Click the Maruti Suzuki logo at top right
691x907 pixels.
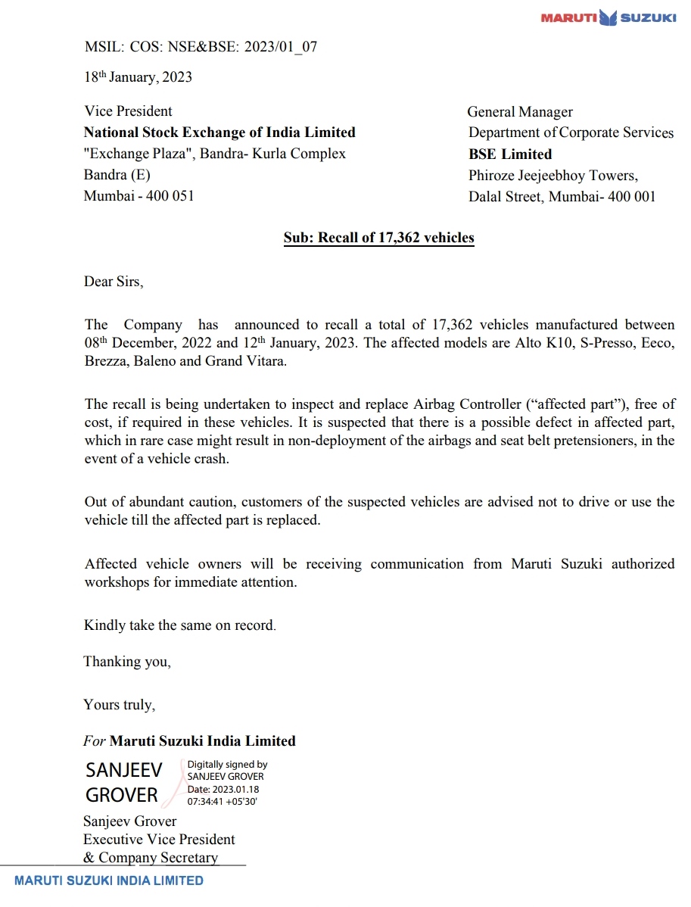(608, 17)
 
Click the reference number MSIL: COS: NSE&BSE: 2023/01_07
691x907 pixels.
(201, 47)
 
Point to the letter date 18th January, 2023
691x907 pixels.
(138, 77)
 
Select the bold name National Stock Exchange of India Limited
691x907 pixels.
(219, 132)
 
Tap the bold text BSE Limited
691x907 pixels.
(510, 154)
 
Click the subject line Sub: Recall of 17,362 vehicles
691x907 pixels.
(378, 238)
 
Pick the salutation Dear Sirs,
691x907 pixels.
(113, 282)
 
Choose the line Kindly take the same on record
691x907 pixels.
(179, 626)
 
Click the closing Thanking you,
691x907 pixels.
(127, 662)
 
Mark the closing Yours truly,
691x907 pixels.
(120, 705)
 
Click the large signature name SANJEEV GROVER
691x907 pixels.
(123, 782)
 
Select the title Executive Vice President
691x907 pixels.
(159, 840)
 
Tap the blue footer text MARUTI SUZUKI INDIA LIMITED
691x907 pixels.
(109, 881)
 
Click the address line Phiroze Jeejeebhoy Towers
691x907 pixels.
(553, 176)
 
